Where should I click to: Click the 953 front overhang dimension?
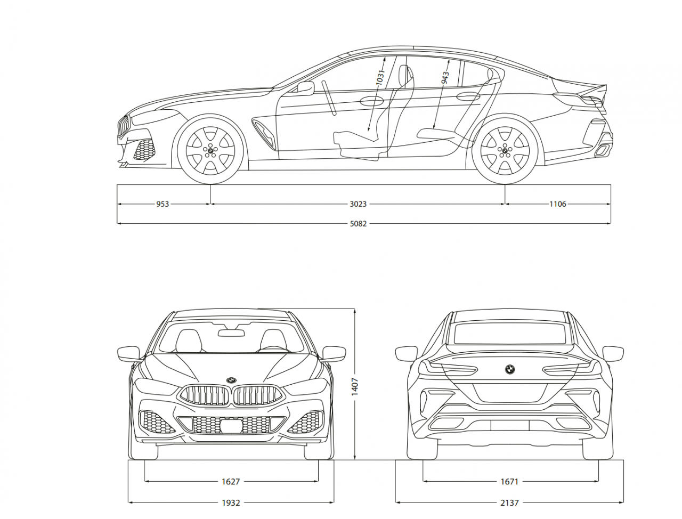pyautogui.click(x=163, y=204)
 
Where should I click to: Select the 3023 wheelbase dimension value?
pyautogui.click(x=358, y=204)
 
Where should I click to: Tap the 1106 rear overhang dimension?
pyautogui.click(x=558, y=204)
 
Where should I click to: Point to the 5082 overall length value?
pyautogui.click(x=358, y=224)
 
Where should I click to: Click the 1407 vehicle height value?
pyautogui.click(x=355, y=386)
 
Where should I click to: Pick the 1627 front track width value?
pyautogui.click(x=231, y=482)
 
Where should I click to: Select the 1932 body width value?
pyautogui.click(x=231, y=502)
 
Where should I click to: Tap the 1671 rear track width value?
pyautogui.click(x=509, y=482)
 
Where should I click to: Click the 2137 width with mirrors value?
pyautogui.click(x=509, y=502)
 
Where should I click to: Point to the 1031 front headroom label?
pyautogui.click(x=380, y=78)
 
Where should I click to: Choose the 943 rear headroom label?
pyautogui.click(x=445, y=78)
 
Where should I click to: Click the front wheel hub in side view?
pyautogui.click(x=210, y=151)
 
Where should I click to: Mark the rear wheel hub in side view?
pyautogui.click(x=505, y=151)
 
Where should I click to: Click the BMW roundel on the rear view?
pyautogui.click(x=510, y=369)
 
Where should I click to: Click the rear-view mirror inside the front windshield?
pyautogui.click(x=231, y=333)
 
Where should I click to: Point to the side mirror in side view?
pyautogui.click(x=305, y=87)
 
